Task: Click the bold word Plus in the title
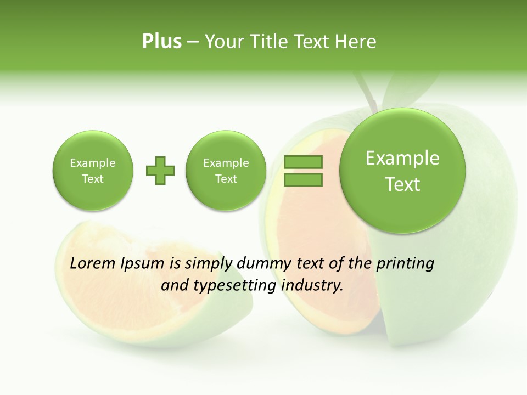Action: point(161,42)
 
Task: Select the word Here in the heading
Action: point(356,42)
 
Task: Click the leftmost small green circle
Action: point(92,171)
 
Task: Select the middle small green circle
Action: point(226,171)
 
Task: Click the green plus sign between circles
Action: point(160,171)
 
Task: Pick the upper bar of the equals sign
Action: point(302,162)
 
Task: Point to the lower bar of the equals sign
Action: point(302,179)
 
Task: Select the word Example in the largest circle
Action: point(402,158)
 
